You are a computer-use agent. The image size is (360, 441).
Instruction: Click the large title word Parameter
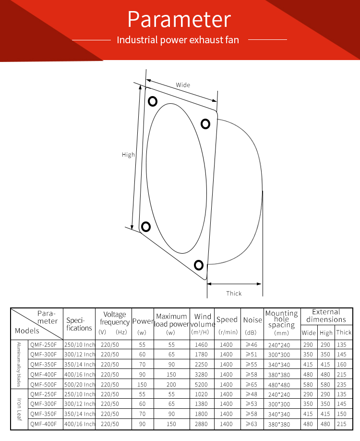(x=179, y=20)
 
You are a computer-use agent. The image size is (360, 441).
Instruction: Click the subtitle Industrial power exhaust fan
(x=178, y=39)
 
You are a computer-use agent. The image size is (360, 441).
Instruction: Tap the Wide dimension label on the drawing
(x=183, y=85)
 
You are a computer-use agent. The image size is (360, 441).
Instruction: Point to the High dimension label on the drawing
(x=128, y=155)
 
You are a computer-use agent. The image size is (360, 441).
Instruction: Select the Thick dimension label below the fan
(x=234, y=293)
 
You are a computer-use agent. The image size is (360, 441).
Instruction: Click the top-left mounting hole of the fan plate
(x=153, y=101)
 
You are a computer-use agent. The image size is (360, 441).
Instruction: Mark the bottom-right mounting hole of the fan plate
(x=199, y=265)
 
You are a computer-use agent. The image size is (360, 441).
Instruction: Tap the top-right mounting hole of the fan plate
(x=205, y=124)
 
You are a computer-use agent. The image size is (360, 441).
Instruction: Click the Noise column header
(x=252, y=320)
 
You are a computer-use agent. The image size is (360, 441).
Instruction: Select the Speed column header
(x=227, y=320)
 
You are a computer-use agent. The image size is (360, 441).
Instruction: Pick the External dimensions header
(x=326, y=316)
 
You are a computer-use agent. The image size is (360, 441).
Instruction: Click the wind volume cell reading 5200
(x=202, y=384)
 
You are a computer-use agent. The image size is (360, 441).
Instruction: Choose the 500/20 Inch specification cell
(x=80, y=384)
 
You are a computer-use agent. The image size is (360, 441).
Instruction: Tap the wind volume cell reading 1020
(x=202, y=394)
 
